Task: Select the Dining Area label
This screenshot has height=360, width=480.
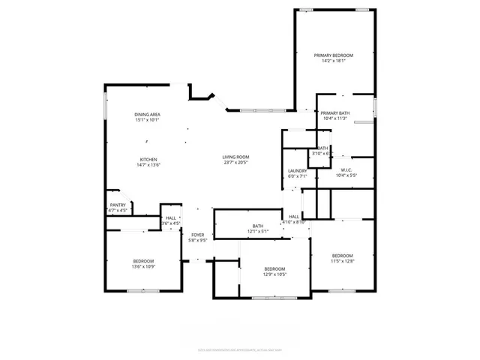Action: [148, 114]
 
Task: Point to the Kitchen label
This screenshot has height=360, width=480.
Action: [148, 159]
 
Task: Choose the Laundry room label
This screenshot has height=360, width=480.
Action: [298, 171]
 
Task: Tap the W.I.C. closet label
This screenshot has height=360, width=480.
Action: [346, 170]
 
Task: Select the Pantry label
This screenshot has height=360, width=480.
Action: [118, 205]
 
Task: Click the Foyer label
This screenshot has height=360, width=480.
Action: [197, 235]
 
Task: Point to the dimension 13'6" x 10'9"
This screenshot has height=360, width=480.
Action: [143, 267]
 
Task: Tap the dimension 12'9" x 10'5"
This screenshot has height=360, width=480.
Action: [274, 274]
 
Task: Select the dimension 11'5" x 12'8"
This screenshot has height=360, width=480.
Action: [342, 261]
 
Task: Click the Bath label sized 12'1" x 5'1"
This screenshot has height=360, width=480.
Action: [258, 226]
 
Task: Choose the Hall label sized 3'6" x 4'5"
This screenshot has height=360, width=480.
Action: [171, 218]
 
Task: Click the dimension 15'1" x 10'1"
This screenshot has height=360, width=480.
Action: [148, 120]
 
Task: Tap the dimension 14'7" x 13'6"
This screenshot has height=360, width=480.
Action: [148, 165]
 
